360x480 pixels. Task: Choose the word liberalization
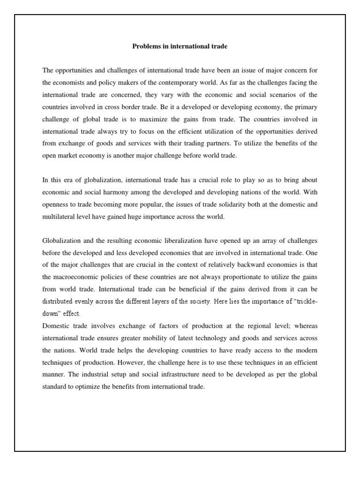point(178,241)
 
